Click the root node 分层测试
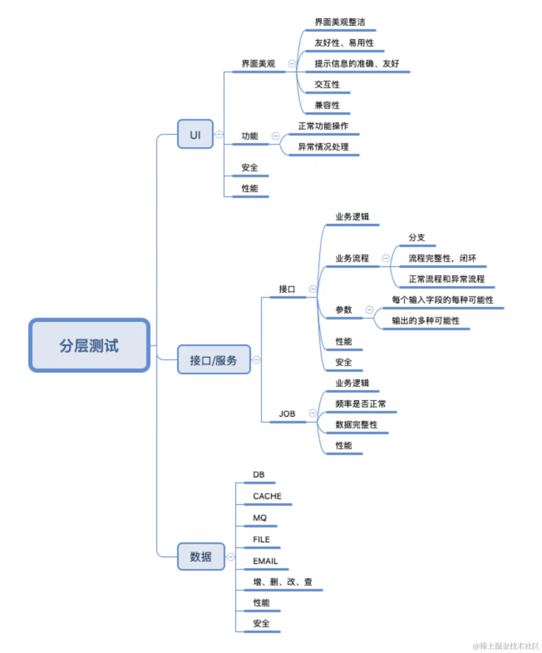pyautogui.click(x=89, y=345)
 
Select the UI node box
pyautogui.click(x=195, y=134)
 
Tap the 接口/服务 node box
pyautogui.click(x=214, y=360)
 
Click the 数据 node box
pyautogui.click(x=201, y=557)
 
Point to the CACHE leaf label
pyautogui.click(x=267, y=496)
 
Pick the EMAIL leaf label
pyautogui.click(x=265, y=561)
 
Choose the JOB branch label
pyautogui.click(x=287, y=414)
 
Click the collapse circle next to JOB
pyautogui.click(x=313, y=413)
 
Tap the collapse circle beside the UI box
pyautogui.click(x=219, y=134)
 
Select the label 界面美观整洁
pyautogui.click(x=340, y=22)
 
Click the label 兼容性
pyautogui.click(x=327, y=105)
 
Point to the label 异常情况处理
pyautogui.click(x=323, y=147)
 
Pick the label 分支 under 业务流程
pyautogui.click(x=416, y=237)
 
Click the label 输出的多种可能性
pyautogui.click(x=426, y=321)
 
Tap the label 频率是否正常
pyautogui.click(x=360, y=404)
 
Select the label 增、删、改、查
pyautogui.click(x=283, y=582)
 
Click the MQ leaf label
pyautogui.click(x=260, y=518)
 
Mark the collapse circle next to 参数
pyautogui.click(x=369, y=310)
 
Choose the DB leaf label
pyautogui.click(x=259, y=475)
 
